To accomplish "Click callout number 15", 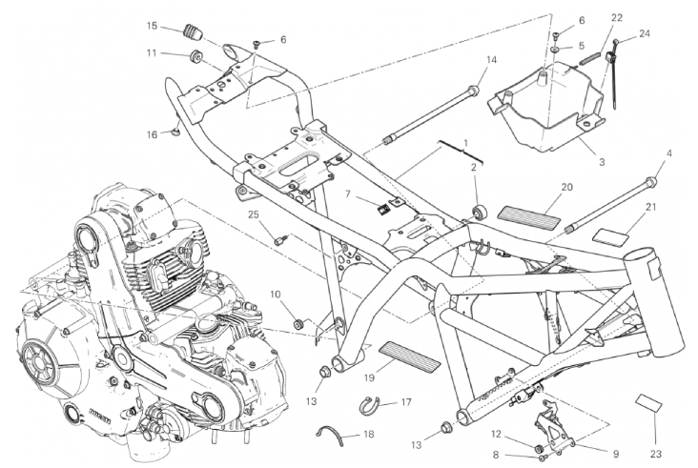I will coord(153,26).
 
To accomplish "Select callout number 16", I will coord(152,134).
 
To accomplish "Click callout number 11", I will coord(152,53).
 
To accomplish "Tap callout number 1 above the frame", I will coord(465,143).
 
